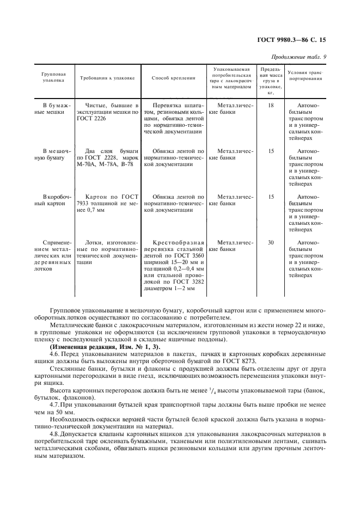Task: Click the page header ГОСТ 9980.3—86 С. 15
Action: (x=295, y=40)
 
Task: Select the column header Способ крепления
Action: (x=173, y=78)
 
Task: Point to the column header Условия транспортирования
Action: (x=305, y=75)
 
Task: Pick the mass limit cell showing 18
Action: (x=271, y=105)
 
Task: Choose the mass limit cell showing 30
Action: (x=271, y=242)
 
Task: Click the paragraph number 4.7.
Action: (x=54, y=405)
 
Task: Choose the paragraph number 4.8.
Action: (x=54, y=432)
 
